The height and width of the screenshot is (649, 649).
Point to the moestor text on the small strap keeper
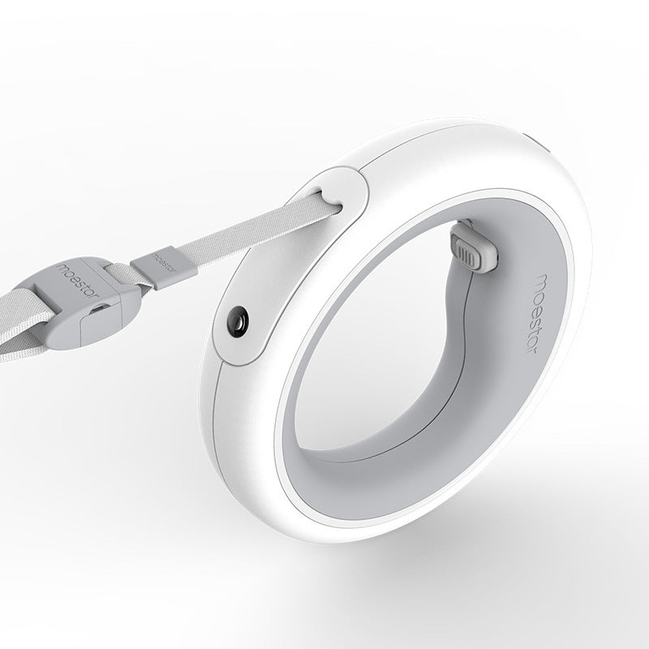(x=165, y=264)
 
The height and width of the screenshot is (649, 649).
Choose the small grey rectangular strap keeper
(x=165, y=264)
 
